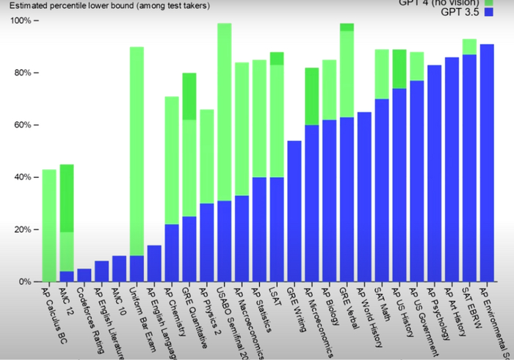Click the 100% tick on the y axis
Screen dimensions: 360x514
[22, 21]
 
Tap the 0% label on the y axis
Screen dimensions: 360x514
[24, 281]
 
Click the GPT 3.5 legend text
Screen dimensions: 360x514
[462, 13]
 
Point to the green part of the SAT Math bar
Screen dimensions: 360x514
[382, 73]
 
